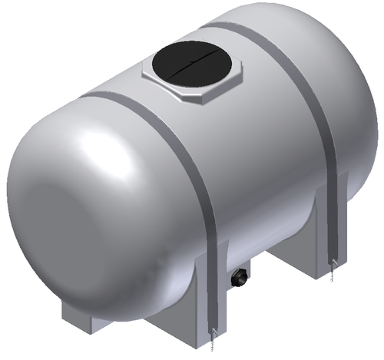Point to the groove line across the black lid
[x=187, y=62]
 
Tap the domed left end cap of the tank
[x=69, y=207]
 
